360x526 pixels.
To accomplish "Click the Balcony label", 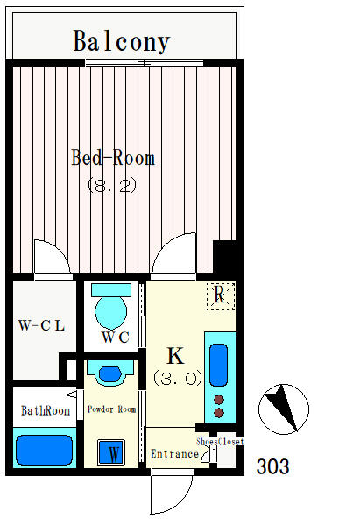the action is (x=122, y=41).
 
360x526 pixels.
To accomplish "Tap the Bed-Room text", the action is (x=113, y=157).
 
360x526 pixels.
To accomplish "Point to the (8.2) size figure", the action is (x=112, y=185).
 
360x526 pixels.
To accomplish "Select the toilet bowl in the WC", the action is (x=111, y=312).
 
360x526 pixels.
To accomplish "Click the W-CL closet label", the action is (x=41, y=325).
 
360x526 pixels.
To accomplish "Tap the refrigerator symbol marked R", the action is (x=221, y=296).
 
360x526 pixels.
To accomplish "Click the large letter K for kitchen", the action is (x=175, y=356).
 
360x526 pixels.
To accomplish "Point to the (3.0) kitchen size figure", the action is (x=178, y=378).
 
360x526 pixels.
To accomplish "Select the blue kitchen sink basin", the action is (x=219, y=365).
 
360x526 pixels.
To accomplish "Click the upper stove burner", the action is (x=219, y=400).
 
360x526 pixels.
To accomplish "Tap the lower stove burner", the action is (x=219, y=413).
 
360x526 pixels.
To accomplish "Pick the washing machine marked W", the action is (x=111, y=452).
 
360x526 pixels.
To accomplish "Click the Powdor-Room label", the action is (x=111, y=409).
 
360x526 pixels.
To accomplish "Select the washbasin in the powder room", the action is (x=110, y=373).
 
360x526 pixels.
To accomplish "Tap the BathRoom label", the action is (x=46, y=410).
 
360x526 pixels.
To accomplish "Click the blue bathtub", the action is (x=45, y=451).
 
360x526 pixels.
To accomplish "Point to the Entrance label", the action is (x=174, y=454).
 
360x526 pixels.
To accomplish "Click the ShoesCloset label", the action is (x=220, y=442).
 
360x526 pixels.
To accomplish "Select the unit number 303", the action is (x=272, y=466).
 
